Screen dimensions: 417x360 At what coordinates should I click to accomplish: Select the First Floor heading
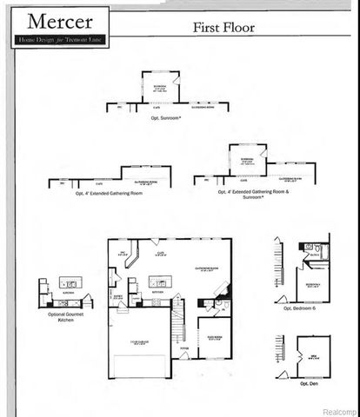(224, 28)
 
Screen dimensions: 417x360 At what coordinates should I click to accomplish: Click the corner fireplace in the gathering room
(223, 289)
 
